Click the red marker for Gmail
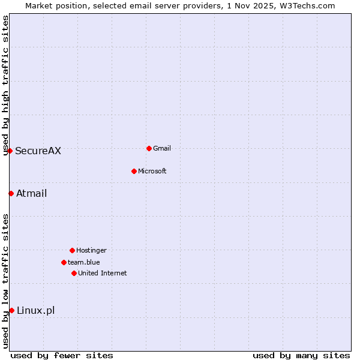tap(149, 148)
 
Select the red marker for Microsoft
tap(134, 171)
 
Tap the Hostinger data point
tap(72, 250)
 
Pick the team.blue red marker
tap(64, 262)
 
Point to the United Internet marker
tap(74, 273)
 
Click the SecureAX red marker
tap(10, 151)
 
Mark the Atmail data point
tap(11, 193)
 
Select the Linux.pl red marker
tap(11, 310)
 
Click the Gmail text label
tap(162, 148)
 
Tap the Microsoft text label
tap(152, 171)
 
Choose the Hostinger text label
tap(91, 250)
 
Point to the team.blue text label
tap(84, 262)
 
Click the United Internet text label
tap(103, 273)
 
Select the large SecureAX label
tap(38, 151)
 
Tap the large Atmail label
tap(31, 193)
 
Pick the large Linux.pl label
tap(35, 310)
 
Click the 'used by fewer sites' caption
tap(62, 355)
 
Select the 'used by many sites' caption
tap(301, 355)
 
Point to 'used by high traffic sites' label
tap(5, 85)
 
